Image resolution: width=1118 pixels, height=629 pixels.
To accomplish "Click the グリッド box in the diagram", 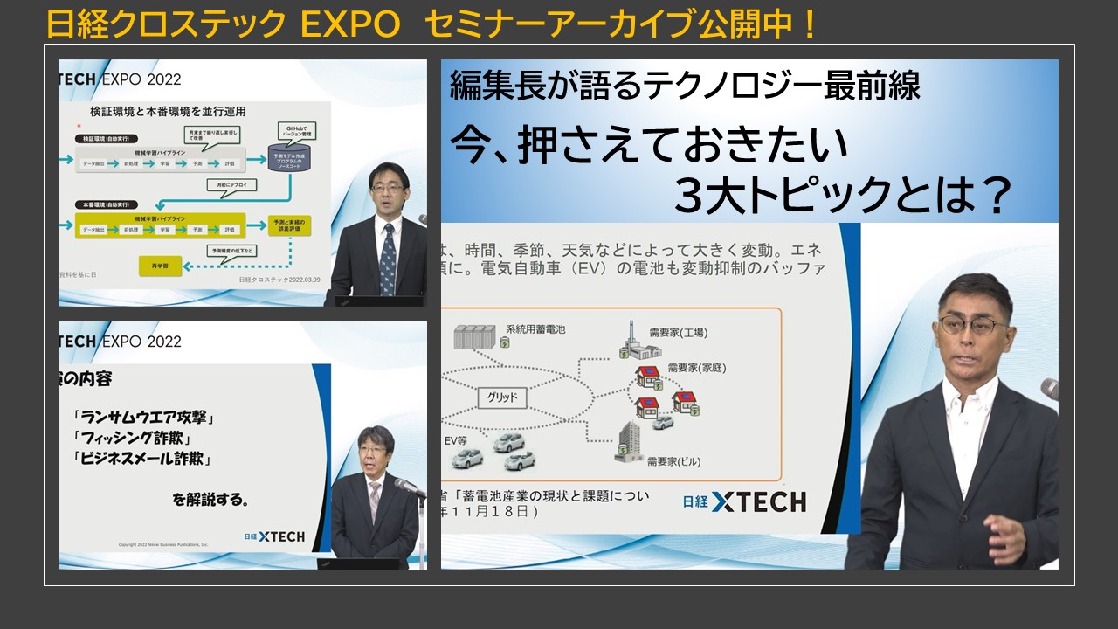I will [502, 398].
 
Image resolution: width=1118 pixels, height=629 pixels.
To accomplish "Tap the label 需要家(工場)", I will [678, 333].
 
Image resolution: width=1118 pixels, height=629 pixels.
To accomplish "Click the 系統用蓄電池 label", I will [535, 329].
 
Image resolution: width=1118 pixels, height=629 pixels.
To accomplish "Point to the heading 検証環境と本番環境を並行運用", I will [168, 112].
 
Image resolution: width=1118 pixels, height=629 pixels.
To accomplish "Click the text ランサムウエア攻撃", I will [145, 418].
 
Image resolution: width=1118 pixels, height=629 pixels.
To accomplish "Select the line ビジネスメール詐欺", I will [144, 458].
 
